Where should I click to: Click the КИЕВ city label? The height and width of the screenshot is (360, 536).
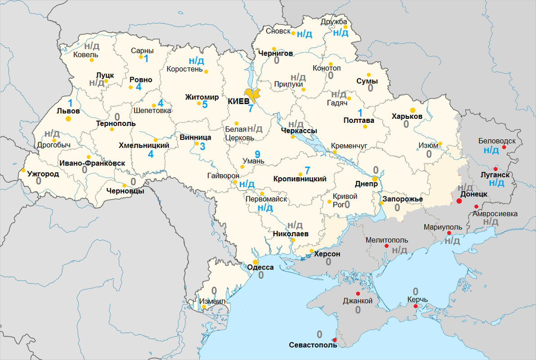[x=239, y=101]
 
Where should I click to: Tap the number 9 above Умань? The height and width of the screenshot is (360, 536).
[x=257, y=153]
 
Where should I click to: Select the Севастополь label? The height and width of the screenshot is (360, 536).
[x=313, y=345]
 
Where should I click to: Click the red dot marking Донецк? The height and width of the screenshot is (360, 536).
[x=459, y=201]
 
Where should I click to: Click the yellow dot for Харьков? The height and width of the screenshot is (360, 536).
[x=413, y=110]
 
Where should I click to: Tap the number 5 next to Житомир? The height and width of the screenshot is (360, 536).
[x=205, y=105]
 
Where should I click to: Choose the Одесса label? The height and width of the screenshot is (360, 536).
[x=260, y=267]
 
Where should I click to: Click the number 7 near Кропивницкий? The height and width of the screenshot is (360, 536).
[x=307, y=171]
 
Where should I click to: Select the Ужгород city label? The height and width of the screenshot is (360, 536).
[x=43, y=174]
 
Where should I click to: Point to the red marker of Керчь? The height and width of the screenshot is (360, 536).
[x=415, y=306]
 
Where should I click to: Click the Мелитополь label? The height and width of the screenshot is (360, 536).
[x=387, y=240]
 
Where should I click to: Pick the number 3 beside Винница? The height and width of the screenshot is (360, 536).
[x=203, y=146]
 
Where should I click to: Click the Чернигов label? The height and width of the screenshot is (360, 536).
[x=275, y=53]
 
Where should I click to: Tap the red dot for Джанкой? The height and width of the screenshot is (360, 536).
[x=358, y=294]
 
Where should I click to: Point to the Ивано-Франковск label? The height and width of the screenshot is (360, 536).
[x=92, y=163]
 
